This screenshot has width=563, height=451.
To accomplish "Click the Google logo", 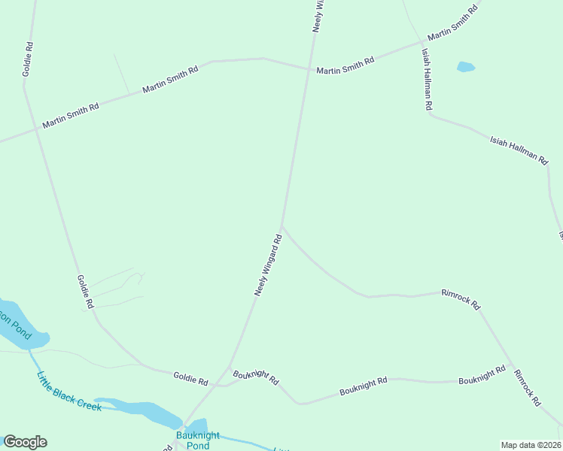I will coord(25,442).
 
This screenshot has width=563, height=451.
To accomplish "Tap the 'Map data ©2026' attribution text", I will coord(531,445).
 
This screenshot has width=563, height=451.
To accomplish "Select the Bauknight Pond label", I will coord(193,440).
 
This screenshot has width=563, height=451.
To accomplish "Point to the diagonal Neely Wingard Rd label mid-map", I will coord(268,265).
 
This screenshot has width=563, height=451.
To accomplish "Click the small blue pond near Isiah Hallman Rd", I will coord(466,67).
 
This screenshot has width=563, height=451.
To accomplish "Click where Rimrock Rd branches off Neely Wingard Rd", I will coord(281,226).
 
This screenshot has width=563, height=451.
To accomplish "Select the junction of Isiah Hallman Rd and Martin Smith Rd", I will coord(421,44).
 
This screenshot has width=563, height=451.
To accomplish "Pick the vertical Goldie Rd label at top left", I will coord(29,58).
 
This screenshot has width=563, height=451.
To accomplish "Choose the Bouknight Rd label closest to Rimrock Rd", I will coord(482,375).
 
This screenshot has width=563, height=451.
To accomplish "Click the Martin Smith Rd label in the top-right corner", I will coord(452,23).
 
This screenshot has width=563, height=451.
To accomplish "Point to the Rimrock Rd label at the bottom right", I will coord(528,388).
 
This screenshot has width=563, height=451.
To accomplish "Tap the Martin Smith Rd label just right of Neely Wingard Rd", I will coord(345,66).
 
